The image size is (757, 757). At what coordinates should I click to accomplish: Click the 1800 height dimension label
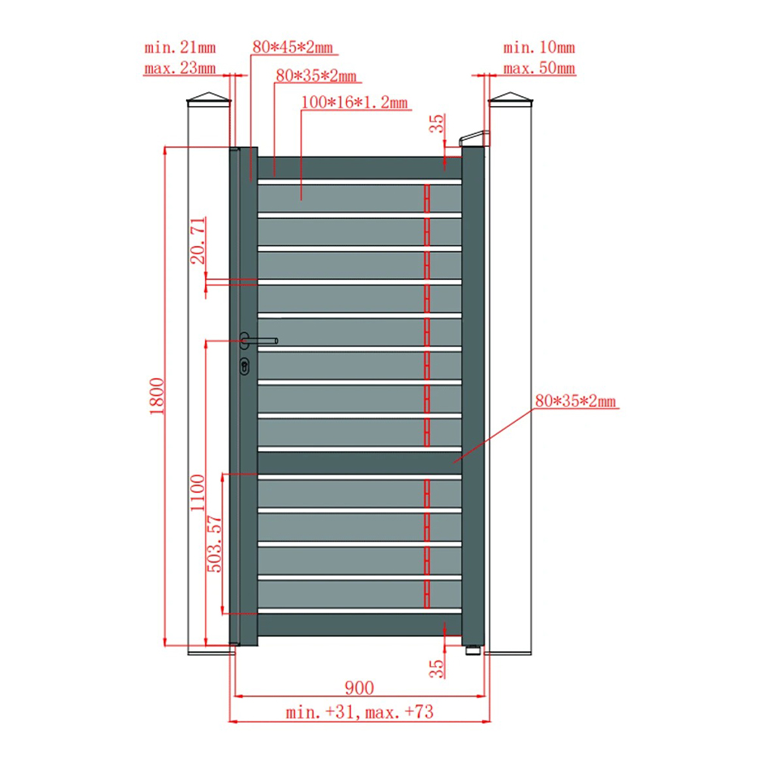(x=157, y=397)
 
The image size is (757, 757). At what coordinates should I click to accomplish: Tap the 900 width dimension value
(x=359, y=688)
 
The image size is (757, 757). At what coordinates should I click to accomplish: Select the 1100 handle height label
(x=198, y=493)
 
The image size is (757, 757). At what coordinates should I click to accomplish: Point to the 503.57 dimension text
(x=214, y=544)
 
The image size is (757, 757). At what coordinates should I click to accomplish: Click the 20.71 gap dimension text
(x=198, y=241)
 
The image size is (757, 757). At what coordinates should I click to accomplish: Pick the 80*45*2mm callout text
(x=292, y=47)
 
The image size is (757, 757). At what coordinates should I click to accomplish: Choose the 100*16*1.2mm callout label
(x=354, y=102)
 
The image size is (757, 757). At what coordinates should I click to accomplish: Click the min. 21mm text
(x=180, y=48)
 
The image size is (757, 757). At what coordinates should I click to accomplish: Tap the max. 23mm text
(x=180, y=68)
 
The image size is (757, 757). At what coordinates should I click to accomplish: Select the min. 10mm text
(x=539, y=48)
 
